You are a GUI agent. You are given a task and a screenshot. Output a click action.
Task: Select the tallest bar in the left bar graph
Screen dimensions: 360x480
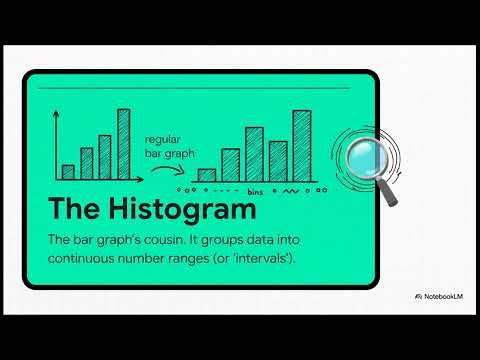124,144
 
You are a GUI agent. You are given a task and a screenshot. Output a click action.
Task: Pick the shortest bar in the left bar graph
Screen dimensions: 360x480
68,171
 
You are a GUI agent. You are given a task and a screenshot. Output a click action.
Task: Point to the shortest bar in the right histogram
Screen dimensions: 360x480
207,175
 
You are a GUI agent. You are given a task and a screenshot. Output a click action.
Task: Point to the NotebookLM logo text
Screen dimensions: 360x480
446,297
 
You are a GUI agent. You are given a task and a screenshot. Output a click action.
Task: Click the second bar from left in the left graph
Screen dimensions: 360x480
87,163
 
